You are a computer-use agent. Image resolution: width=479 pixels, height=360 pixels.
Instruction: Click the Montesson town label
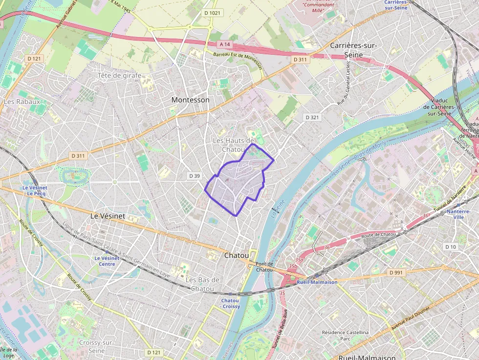190,100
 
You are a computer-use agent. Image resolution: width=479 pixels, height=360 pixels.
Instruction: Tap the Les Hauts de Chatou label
233,145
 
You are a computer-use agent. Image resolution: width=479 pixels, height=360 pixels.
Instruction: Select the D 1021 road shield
213,13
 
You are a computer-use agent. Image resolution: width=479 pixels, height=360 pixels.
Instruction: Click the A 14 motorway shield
224,44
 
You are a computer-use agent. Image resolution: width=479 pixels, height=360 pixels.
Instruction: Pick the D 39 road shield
195,175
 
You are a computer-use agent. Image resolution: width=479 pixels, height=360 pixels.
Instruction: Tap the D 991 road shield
396,272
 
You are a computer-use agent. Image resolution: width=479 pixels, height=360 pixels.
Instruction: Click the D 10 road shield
451,247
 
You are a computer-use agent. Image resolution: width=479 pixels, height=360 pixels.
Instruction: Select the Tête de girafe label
119,75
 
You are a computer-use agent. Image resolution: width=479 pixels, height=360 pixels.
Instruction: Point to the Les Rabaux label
22,102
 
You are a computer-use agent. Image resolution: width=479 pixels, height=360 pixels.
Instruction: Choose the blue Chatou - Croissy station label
230,303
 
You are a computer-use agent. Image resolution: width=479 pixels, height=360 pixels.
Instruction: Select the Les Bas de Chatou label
202,284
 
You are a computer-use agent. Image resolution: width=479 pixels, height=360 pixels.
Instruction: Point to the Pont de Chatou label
264,267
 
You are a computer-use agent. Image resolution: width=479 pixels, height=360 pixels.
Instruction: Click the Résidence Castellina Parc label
346,335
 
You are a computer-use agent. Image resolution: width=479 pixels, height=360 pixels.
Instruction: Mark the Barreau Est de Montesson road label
238,61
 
